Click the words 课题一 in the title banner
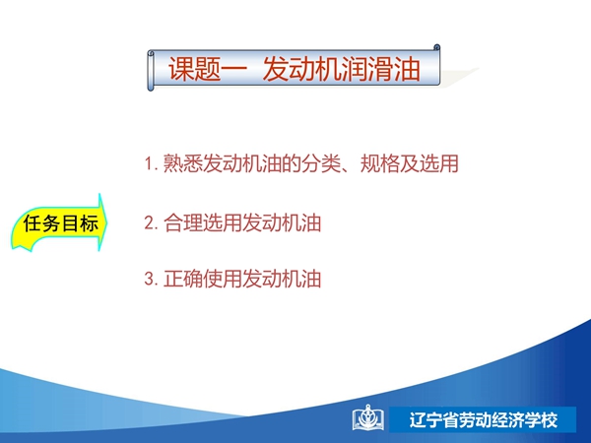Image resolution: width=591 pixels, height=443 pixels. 208,69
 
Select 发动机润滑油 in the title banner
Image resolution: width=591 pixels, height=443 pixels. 342,69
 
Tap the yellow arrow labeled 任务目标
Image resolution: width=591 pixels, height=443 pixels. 59,222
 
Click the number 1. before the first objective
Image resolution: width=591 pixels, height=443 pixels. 151,163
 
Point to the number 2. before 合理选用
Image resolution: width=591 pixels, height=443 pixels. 151,222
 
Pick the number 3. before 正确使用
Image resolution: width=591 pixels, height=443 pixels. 151,280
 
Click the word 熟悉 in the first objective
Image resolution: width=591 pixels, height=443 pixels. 183,163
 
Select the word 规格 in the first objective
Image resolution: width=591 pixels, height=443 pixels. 380,163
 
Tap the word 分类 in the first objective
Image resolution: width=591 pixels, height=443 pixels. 321,163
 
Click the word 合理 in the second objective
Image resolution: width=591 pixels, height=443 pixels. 183,222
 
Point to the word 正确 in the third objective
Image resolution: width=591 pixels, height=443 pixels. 183,280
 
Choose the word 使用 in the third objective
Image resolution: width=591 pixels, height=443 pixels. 223,280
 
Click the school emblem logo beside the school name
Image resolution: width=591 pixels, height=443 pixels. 368,418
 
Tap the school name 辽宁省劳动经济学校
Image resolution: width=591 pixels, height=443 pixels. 484,420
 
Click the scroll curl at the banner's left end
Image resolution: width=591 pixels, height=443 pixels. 151,71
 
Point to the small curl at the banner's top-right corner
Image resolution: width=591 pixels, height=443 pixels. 436,47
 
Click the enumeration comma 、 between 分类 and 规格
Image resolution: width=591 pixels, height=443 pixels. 348,168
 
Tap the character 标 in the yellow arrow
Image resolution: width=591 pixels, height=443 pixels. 89,223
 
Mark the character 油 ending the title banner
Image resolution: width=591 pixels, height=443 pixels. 408,69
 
